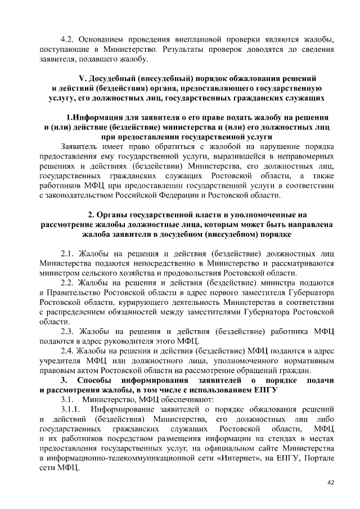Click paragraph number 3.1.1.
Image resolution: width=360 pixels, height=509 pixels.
[x=71, y=409]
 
